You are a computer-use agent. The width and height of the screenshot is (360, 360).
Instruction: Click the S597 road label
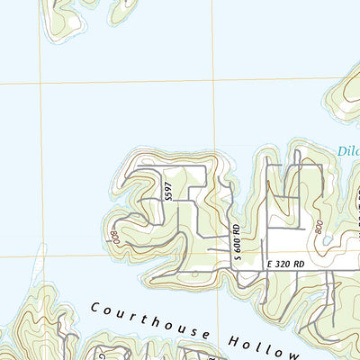(167, 191)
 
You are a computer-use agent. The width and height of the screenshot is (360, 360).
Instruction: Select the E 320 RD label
(288, 264)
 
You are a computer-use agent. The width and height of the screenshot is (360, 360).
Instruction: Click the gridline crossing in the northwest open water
(40, 83)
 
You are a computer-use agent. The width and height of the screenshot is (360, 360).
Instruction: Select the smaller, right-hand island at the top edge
(123, 11)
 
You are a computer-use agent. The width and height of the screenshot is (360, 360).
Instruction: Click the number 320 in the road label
(287, 264)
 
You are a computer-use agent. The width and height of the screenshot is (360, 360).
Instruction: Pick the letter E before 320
(270, 264)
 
